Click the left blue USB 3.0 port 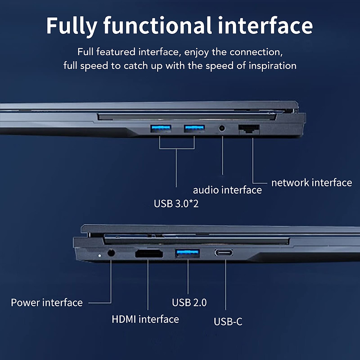coord(160,129)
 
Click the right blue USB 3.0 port coord(194,129)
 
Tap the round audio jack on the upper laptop coord(222,128)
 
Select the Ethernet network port coord(249,129)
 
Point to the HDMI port coord(149,254)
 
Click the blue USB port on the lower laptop coord(187,253)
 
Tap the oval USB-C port coord(223,253)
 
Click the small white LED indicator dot coord(100,256)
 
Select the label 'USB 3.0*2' coord(176,204)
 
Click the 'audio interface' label coord(227,190)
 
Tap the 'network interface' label coord(311,182)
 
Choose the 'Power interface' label coord(47,302)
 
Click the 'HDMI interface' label coord(145,319)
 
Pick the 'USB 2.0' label coord(189,302)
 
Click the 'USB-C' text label coord(228,322)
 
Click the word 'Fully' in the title coord(72,26)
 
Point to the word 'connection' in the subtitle coord(256,52)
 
